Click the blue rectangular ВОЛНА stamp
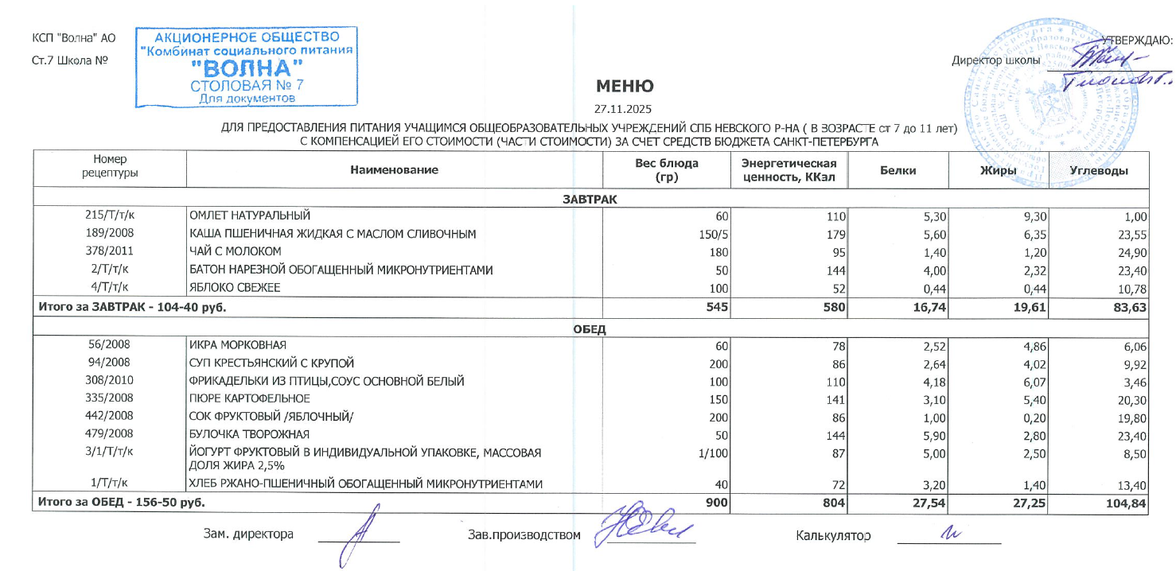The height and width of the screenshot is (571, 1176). pos(247,68)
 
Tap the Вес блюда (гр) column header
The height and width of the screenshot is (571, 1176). pos(665,169)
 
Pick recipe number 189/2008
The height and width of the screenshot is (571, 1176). pos(109,233)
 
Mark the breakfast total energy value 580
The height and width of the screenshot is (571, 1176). pos(832,306)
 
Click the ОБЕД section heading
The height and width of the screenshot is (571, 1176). pos(590,329)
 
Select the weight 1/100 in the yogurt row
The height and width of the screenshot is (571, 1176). pos(715,452)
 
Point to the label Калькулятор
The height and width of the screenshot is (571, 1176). pos(833,535)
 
